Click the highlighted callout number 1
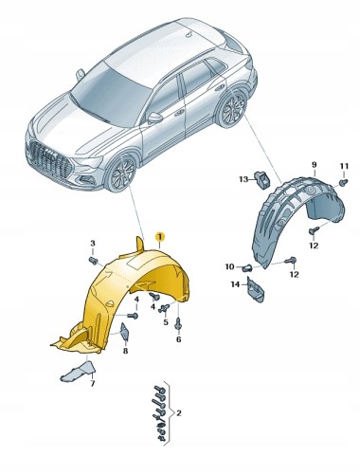pos(160,237)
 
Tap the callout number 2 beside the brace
pos(179,412)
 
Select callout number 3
pos(93,243)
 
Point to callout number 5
pos(166,322)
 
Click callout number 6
pos(178,339)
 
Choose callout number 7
pos(93,384)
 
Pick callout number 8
pos(125,351)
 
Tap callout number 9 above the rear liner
pos(315,165)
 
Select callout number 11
pos(344,166)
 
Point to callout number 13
pos(243,179)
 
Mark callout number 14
pos(235,284)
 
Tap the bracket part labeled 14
pos(255,290)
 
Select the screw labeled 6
pos(178,323)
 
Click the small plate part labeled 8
pos(124,331)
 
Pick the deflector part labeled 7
pos(79,371)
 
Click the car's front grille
pos(51,160)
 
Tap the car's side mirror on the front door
pos(154,118)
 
